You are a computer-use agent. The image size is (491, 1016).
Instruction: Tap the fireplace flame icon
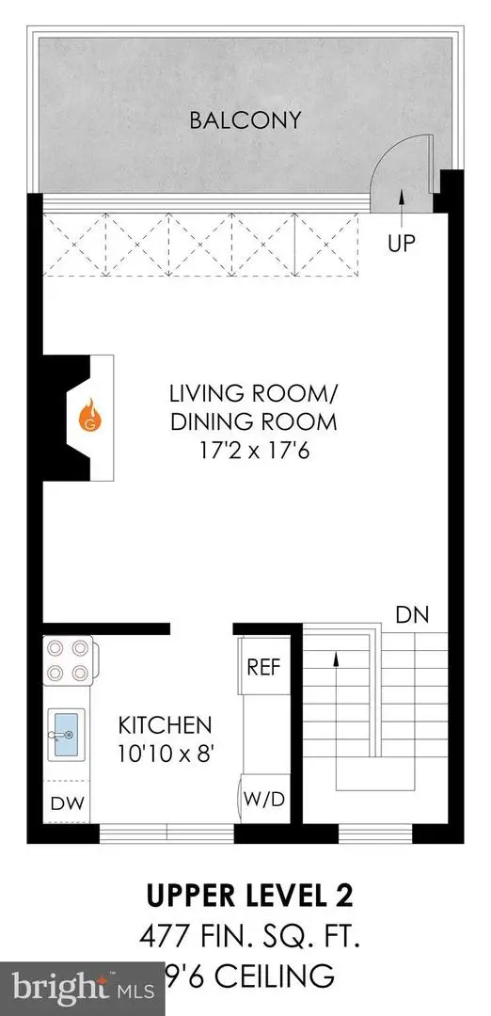90,414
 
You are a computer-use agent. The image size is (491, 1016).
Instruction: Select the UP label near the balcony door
402,243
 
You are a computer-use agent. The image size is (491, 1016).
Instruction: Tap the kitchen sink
68,733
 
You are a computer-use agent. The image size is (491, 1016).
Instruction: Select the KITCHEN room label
165,726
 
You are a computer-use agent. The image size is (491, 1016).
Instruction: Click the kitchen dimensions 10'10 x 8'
165,754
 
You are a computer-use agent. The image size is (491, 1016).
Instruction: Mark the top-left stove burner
55,648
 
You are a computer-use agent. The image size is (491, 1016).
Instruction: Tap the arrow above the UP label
402,197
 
